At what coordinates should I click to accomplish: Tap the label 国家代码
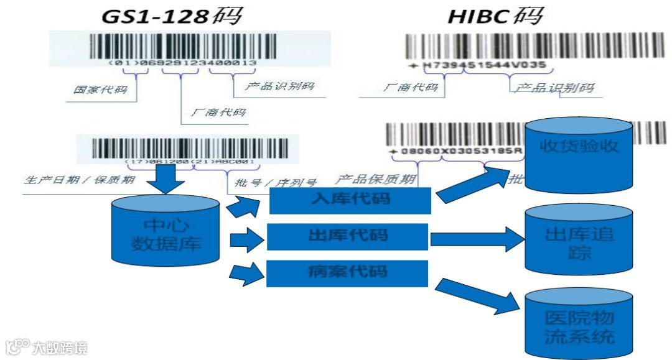click(x=99, y=90)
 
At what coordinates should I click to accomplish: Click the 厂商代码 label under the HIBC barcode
click(x=411, y=87)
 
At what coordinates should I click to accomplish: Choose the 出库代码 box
click(x=348, y=236)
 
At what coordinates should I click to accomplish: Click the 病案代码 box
click(x=347, y=273)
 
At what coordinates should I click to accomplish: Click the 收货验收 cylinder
click(x=579, y=154)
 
